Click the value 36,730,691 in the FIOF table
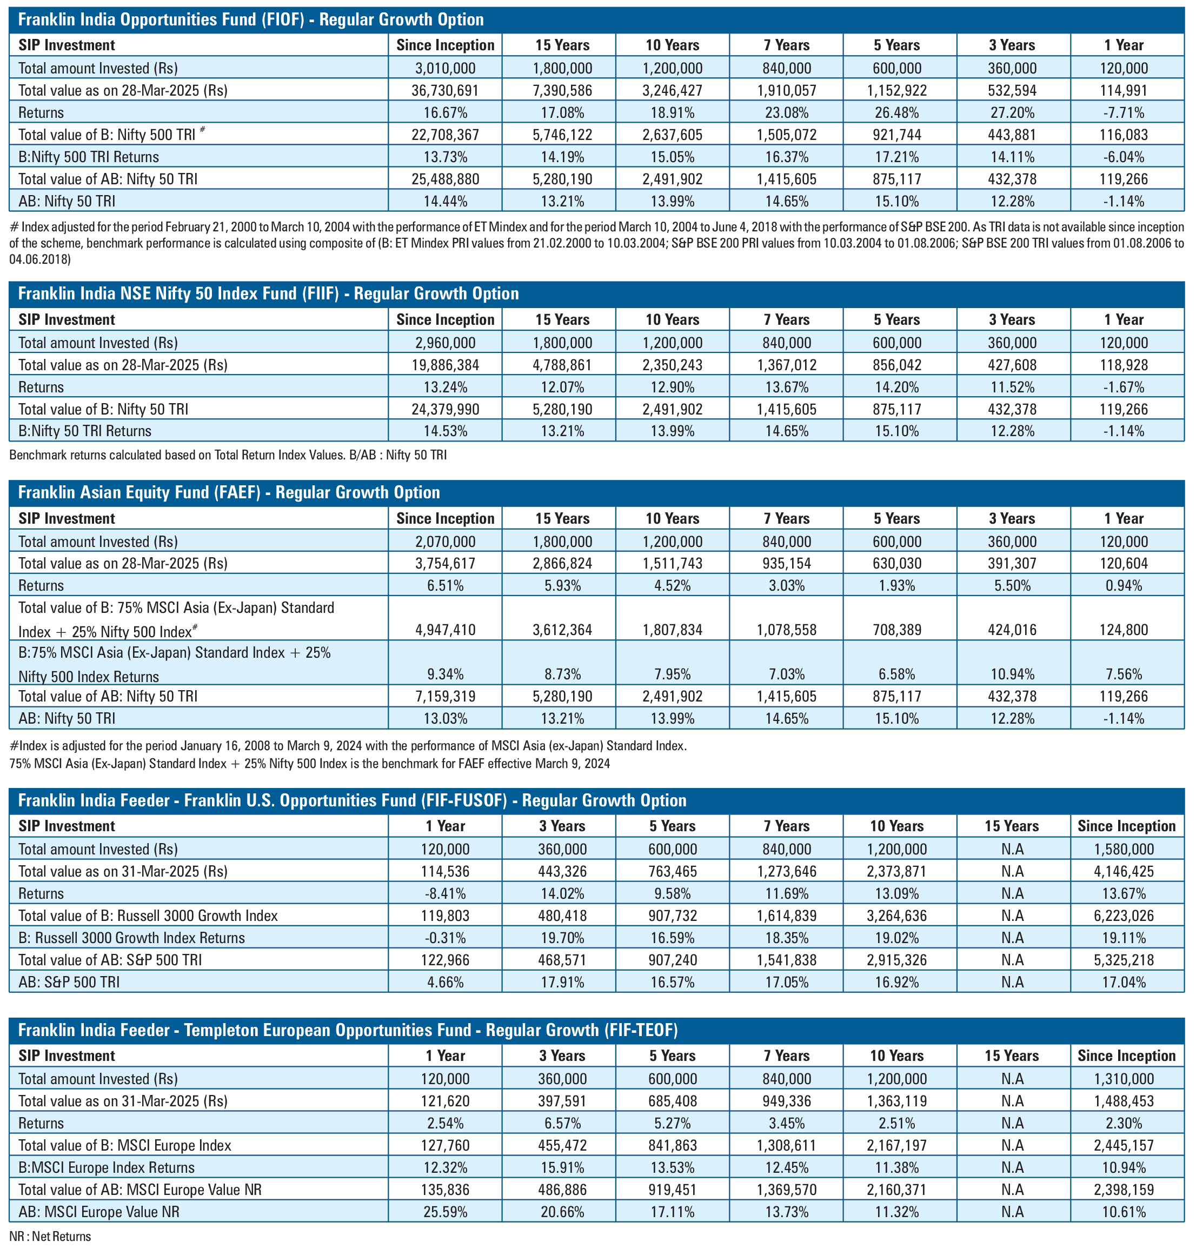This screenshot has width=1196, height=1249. pyautogui.click(x=445, y=90)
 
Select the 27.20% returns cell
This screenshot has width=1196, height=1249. pyautogui.click(x=1012, y=113)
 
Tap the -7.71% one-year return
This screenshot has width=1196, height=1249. pyautogui.click(x=1124, y=113)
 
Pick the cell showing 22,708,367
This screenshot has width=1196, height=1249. pyautogui.click(x=445, y=135)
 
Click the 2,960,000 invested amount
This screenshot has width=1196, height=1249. pyautogui.click(x=445, y=343)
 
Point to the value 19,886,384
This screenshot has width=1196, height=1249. pyautogui.click(x=445, y=365)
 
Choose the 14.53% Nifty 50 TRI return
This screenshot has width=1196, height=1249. pyautogui.click(x=445, y=431)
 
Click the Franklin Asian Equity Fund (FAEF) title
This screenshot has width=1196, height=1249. pyautogui.click(x=229, y=492)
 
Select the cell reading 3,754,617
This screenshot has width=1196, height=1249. pyautogui.click(x=445, y=563)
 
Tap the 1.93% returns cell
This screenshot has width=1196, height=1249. pyautogui.click(x=896, y=586)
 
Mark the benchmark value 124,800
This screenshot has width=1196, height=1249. pyautogui.click(x=1124, y=630)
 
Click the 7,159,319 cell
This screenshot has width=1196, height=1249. pyautogui.click(x=445, y=697)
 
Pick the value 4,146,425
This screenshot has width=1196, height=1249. pyautogui.click(x=1124, y=871)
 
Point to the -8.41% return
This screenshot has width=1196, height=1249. pyautogui.click(x=445, y=893)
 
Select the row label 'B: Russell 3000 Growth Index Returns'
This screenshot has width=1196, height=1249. pyautogui.click(x=131, y=938)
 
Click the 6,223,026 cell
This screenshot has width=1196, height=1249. pyautogui.click(x=1124, y=916)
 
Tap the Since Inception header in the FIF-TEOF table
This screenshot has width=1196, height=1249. pyautogui.click(x=1126, y=1056)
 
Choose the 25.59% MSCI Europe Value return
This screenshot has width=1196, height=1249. pyautogui.click(x=445, y=1212)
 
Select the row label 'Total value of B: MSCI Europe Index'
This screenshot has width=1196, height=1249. pyautogui.click(x=124, y=1146)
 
